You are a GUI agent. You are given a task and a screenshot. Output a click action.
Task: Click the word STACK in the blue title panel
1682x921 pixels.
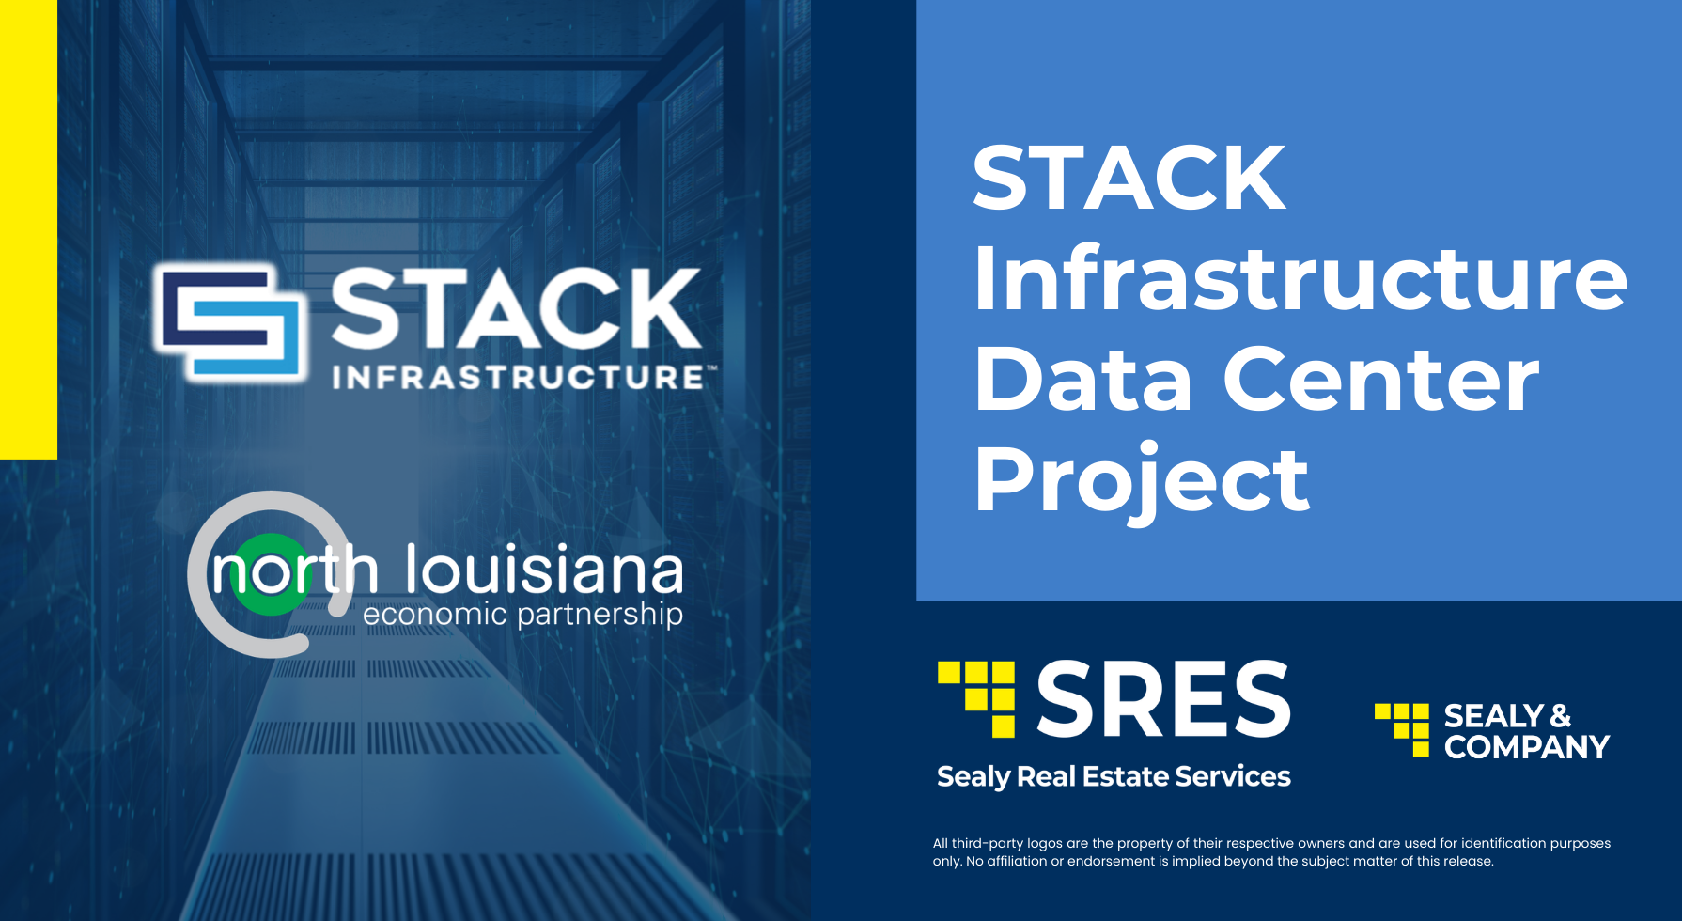(1129, 179)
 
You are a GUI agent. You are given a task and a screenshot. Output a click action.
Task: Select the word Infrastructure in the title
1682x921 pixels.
(1300, 279)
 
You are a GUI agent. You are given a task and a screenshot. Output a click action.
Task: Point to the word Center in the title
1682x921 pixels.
(1380, 380)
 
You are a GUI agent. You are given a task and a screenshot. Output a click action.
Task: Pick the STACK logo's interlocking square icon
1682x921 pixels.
(231, 324)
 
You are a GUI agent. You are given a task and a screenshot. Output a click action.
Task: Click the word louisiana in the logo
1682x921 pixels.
(544, 570)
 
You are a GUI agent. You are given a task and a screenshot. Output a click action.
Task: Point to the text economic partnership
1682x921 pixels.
(522, 615)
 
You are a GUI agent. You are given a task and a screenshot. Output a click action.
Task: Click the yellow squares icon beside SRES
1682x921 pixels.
(978, 698)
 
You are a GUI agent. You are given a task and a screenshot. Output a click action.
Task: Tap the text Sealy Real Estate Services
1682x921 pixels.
(1114, 777)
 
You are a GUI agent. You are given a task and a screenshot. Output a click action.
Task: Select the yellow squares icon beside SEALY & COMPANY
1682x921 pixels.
(1403, 729)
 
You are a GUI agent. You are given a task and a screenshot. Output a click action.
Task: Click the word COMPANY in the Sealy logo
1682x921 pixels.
(1527, 748)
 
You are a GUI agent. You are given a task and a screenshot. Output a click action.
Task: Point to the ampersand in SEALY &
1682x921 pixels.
(1560, 716)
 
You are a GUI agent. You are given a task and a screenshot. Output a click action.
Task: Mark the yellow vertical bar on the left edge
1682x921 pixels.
(28, 229)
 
